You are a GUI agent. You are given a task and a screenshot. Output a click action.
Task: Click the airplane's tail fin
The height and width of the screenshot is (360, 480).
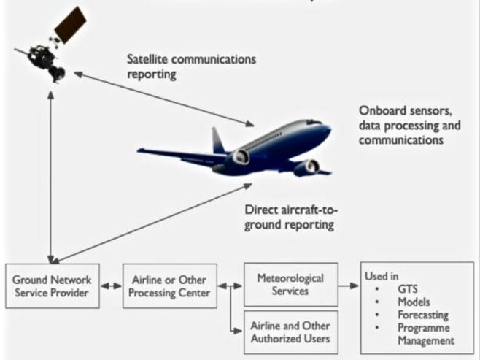(x=218, y=139)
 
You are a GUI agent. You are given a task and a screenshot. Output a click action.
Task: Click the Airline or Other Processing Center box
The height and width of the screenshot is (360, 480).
(x=169, y=287)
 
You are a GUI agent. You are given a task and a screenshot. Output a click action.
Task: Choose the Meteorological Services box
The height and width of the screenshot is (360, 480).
(x=290, y=284)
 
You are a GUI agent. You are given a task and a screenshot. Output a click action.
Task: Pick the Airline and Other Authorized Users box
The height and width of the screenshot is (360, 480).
(x=290, y=332)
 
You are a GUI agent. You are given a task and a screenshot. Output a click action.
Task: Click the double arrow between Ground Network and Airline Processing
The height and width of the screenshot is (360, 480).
(x=112, y=287)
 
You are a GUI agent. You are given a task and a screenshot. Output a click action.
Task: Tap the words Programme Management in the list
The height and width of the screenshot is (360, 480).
(x=424, y=334)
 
